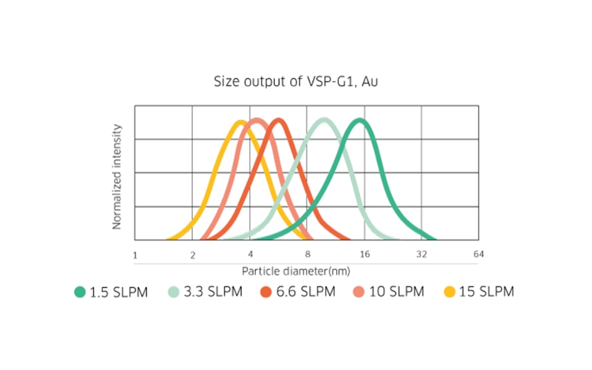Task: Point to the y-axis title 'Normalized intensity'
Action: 117,176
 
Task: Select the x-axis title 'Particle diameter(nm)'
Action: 297,271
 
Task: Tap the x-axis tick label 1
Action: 135,255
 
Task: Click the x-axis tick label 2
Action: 192,255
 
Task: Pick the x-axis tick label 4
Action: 250,255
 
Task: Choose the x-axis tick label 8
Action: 307,255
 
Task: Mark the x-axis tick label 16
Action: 364,255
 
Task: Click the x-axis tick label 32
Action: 422,255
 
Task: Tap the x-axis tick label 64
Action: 479,255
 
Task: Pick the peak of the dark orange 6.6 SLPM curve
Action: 279,121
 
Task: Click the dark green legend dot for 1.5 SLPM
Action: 80,292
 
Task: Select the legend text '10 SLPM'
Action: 397,292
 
